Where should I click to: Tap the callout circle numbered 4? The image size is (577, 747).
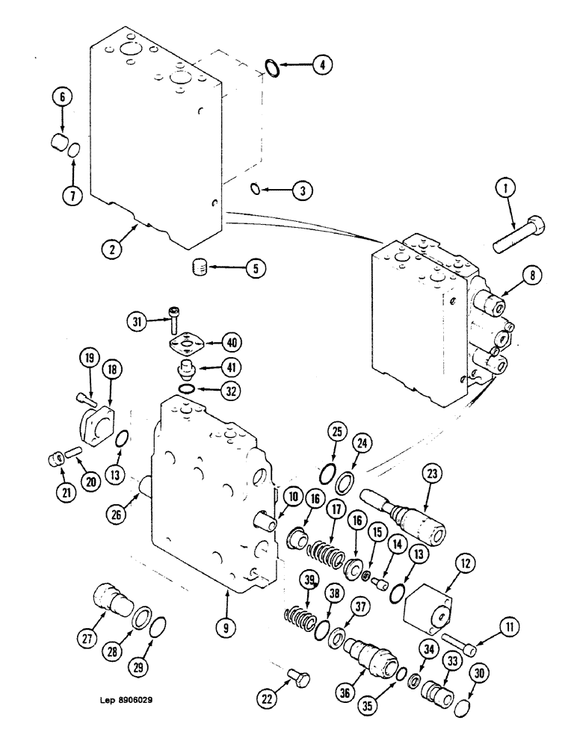pos(321,66)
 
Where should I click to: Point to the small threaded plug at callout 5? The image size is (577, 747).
pos(200,266)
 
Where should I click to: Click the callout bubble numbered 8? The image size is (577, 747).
pos(533,276)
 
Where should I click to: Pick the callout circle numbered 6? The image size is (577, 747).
pos(61,96)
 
